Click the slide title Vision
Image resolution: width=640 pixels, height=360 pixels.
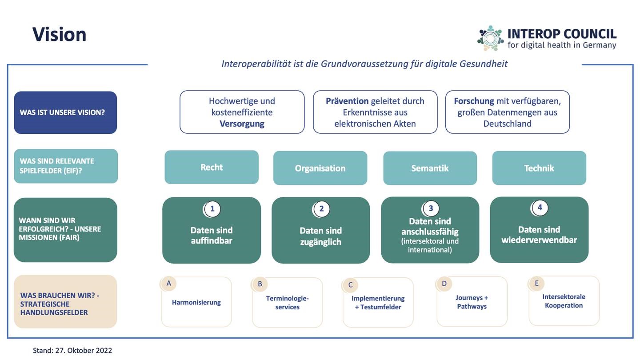59,35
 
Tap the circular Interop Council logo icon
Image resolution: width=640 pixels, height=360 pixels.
491,38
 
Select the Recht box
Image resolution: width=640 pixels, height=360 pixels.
212,167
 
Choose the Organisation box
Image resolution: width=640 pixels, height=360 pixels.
320,168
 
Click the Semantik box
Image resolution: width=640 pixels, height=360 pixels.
430,168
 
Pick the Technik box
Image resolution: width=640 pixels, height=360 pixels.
539,168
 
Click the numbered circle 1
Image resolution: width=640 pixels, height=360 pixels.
212,209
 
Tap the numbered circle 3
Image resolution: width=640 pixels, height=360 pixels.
431,208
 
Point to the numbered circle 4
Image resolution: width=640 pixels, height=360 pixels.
540,208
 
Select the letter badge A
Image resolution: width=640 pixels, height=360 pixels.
168,284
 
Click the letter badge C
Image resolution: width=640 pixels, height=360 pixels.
350,285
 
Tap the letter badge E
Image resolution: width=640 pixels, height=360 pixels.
536,284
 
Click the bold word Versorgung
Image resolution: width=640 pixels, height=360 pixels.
242,124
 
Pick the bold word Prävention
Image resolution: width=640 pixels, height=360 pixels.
347,101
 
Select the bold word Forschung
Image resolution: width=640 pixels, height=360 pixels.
474,101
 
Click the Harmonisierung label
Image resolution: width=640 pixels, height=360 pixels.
196,302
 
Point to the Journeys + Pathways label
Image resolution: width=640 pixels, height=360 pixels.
472,302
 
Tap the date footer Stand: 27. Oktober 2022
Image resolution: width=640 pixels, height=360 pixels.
72,350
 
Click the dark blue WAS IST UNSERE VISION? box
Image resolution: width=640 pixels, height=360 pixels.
65,112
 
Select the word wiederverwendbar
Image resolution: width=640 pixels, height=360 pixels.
539,240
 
